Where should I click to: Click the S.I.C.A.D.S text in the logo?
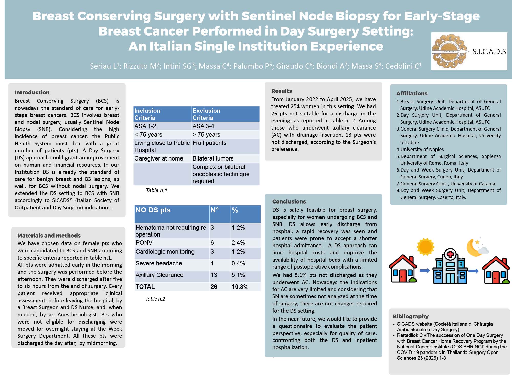pos(489,52)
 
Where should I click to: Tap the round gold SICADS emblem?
pos(449,51)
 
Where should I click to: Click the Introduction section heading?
pos(32,92)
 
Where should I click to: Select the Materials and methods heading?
pos(49,236)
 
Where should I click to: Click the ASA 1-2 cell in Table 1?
pos(145,126)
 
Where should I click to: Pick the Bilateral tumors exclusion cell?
pos(213,158)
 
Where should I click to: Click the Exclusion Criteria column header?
pos(206,114)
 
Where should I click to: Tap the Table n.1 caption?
pos(156,190)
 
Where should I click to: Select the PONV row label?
pos(144,243)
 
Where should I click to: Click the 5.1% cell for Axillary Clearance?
pos(238,275)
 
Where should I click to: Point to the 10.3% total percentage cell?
pos(240,287)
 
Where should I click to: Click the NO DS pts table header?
pos(153,210)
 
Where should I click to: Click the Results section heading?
pos(281,91)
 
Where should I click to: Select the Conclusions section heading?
pos(289,201)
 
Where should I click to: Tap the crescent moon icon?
pos(474,247)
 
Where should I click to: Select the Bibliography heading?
pos(410,316)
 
